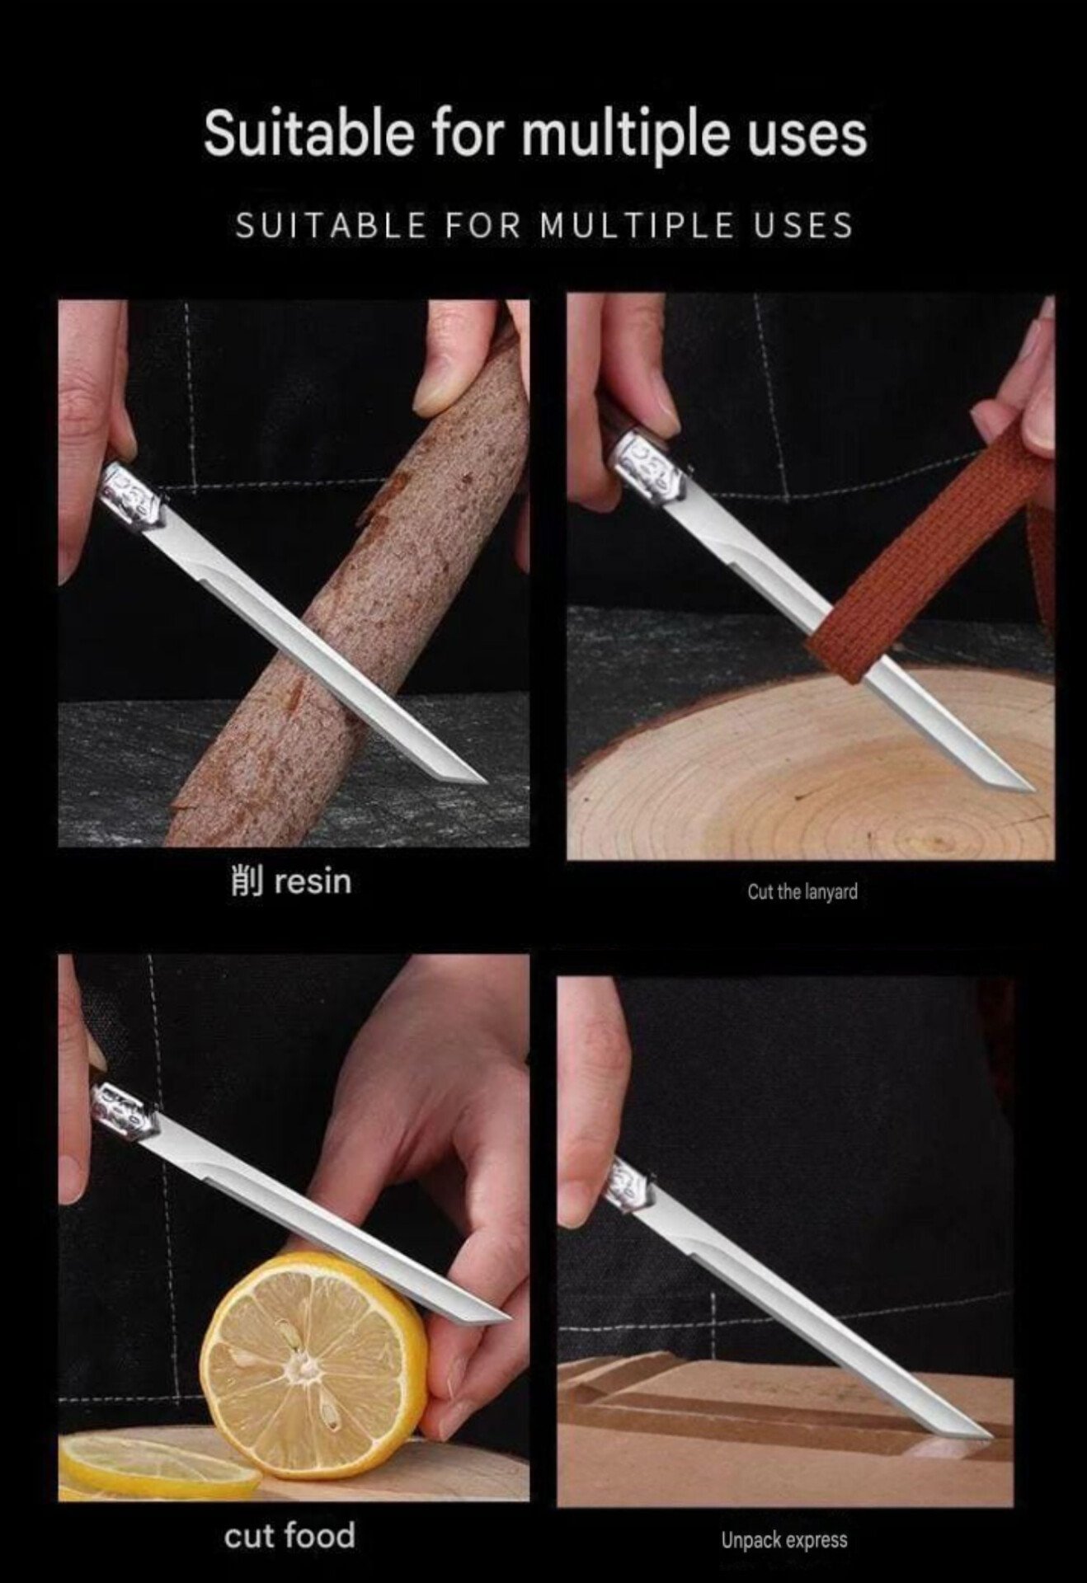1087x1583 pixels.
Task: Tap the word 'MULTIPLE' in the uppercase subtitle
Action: pos(636,225)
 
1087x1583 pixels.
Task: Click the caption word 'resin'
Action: pos(313,881)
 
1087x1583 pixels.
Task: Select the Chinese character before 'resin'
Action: pos(244,881)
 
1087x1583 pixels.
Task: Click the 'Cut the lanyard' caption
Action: pos(802,891)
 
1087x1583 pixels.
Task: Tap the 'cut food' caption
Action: pos(289,1536)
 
